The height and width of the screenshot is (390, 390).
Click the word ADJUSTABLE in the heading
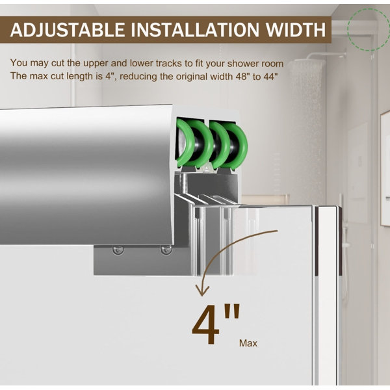click(x=68, y=30)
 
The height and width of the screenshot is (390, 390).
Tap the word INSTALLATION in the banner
click(x=195, y=30)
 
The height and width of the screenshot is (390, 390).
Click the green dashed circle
click(x=369, y=29)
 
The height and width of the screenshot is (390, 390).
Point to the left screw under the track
click(x=118, y=250)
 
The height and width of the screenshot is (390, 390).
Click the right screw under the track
click(x=166, y=250)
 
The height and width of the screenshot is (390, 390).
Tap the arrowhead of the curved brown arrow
click(x=202, y=291)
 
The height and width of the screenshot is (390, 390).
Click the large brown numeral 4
click(x=205, y=324)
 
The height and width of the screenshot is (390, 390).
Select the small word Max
click(x=248, y=343)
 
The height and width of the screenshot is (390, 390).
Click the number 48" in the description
click(x=242, y=76)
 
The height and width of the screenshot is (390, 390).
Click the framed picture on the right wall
click(x=385, y=169)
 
